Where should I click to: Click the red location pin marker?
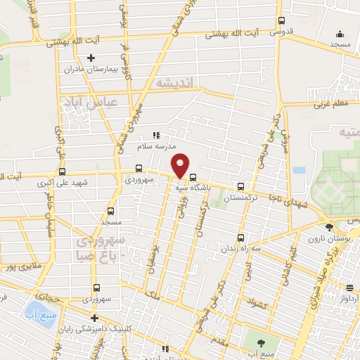click(181, 165)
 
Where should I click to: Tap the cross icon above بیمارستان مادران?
click(90, 58)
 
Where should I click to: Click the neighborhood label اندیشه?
click(176, 83)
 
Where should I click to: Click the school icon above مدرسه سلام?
click(157, 135)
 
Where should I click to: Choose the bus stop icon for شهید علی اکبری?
click(63, 171)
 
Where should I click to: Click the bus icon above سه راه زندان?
click(241, 238)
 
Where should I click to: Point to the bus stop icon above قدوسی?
click(282, 21)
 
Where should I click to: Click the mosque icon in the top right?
click(340, 33)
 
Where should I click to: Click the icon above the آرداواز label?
click(349, 287)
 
